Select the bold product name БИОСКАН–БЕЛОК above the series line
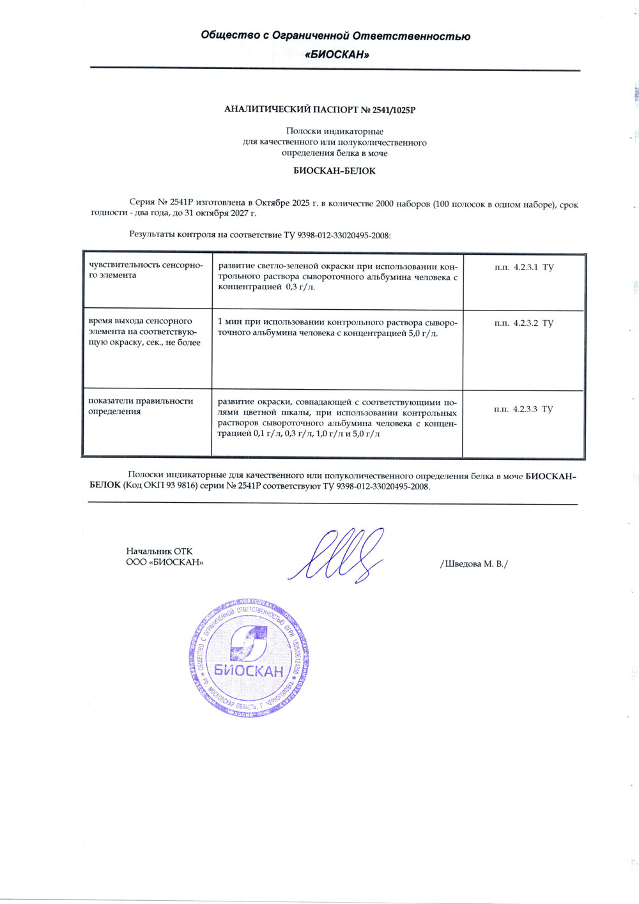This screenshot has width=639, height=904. tap(334, 171)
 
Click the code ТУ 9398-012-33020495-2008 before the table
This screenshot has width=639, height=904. tap(337, 235)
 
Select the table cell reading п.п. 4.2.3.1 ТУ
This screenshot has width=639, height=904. tap(524, 267)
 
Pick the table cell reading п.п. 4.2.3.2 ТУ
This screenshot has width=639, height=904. tap(524, 323)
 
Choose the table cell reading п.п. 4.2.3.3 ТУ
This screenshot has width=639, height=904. tap(523, 409)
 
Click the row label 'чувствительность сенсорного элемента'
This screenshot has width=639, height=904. tap(146, 270)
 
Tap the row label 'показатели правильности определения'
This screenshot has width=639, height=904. tap(141, 406)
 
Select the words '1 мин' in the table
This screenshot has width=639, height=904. tap(228, 323)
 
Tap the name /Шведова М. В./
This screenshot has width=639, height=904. tap(473, 564)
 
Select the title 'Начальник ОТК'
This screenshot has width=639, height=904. tap(159, 551)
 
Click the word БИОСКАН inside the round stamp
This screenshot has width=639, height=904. tap(249, 671)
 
